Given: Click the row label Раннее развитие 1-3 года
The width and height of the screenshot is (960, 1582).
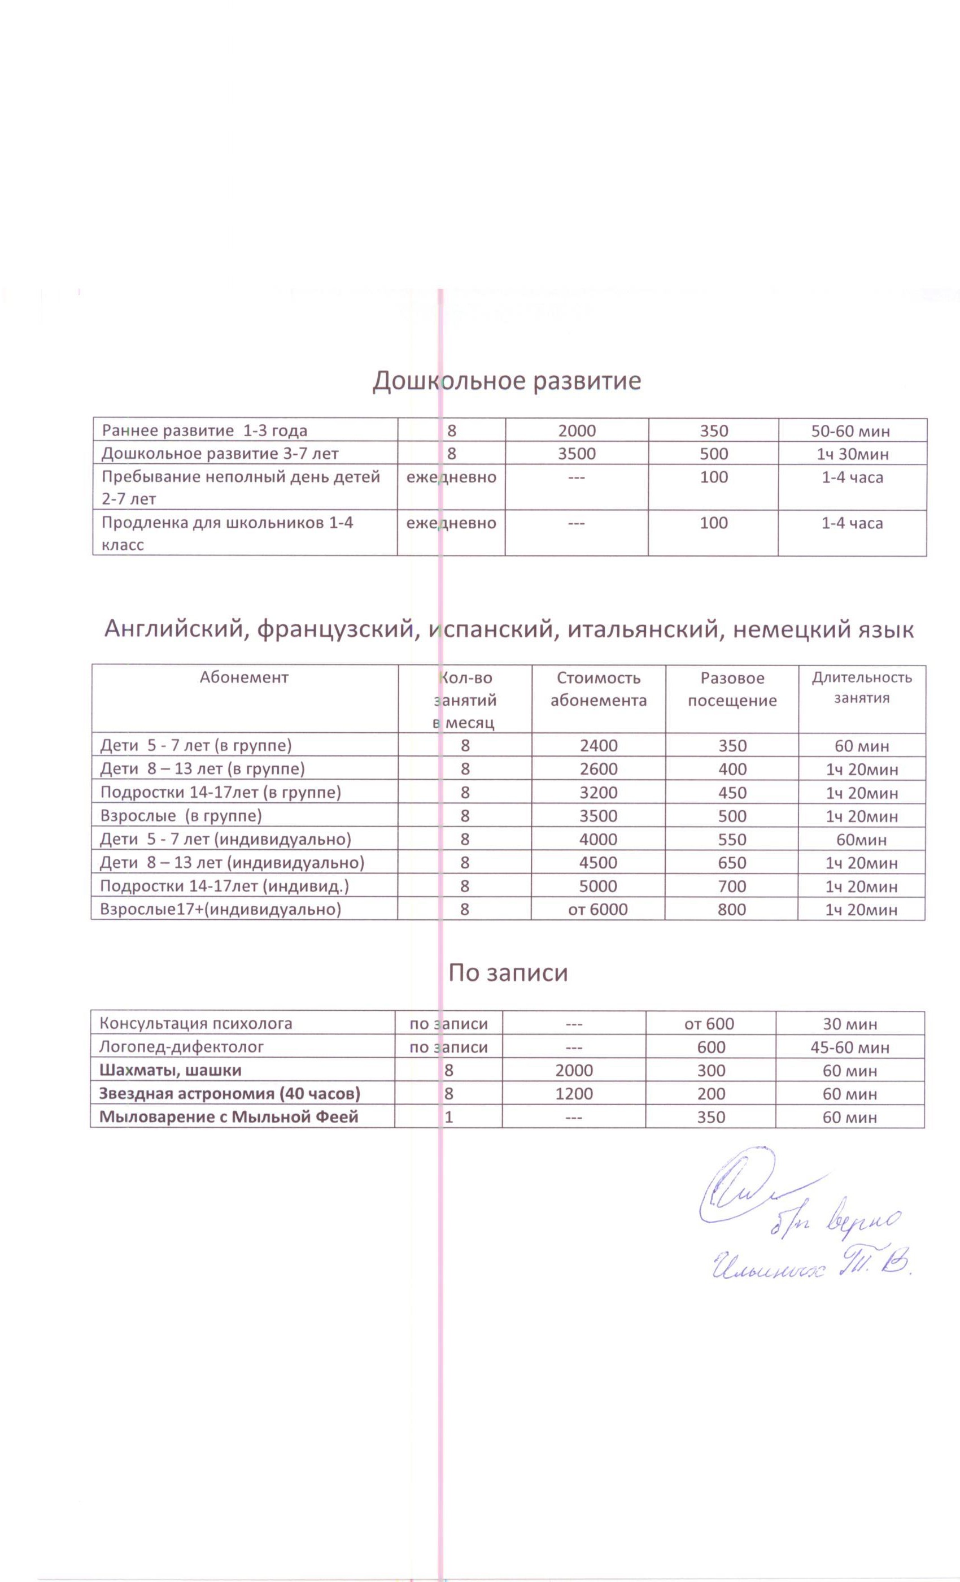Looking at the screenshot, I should [204, 430].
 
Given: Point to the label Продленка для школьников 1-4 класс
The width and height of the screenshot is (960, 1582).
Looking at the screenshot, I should [227, 533].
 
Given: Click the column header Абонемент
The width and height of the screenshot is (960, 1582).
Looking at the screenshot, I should [244, 677].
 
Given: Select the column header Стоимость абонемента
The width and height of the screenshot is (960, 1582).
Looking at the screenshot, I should [598, 689].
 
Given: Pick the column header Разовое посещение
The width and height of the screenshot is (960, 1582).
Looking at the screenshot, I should [732, 689].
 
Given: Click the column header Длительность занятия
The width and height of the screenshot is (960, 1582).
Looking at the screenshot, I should [861, 688].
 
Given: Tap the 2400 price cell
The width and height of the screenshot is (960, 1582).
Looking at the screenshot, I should [598, 745].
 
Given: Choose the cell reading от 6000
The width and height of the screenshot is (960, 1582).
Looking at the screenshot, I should [598, 909].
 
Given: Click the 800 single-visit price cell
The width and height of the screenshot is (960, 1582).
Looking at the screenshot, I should [732, 909].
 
